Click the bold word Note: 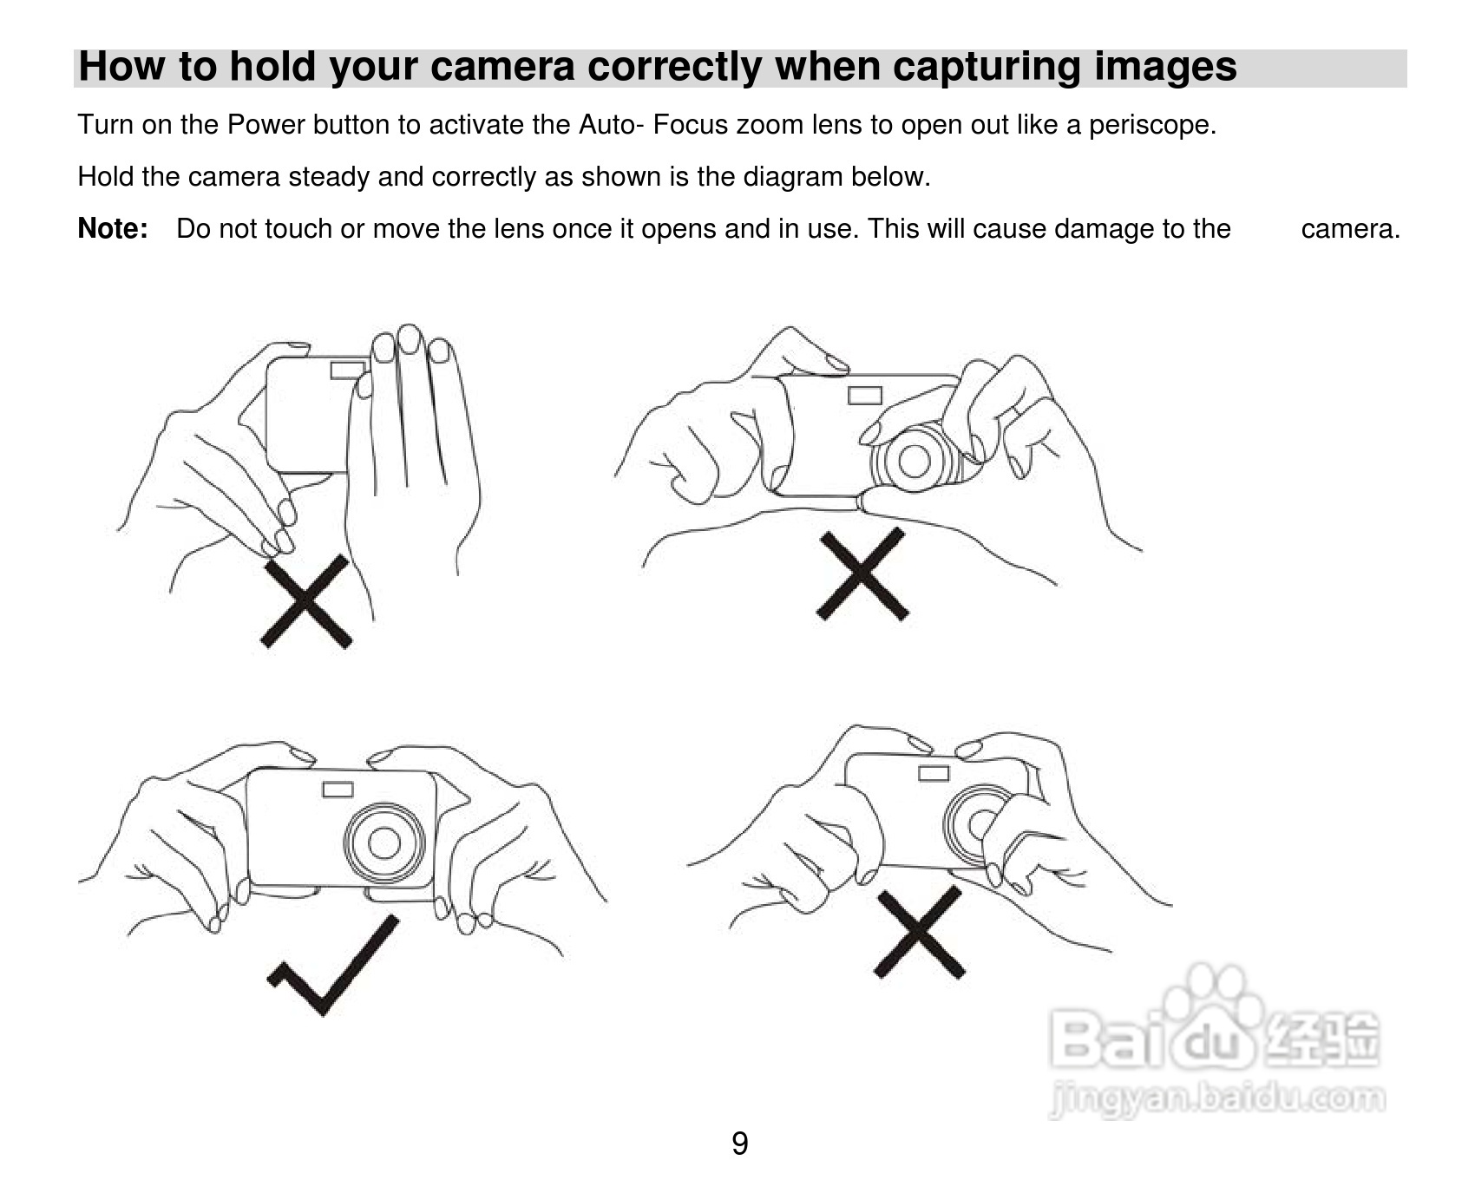click(x=113, y=229)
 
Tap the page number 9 click(x=739, y=1144)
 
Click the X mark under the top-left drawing click(x=306, y=602)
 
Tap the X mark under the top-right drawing click(x=862, y=574)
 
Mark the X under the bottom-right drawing click(x=921, y=932)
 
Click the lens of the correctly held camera click(x=383, y=842)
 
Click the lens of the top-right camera click(x=914, y=459)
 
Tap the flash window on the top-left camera click(x=347, y=370)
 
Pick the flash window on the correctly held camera click(x=338, y=790)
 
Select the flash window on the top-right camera click(x=865, y=396)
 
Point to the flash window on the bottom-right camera click(x=934, y=773)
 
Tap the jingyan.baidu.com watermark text click(x=1216, y=1099)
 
